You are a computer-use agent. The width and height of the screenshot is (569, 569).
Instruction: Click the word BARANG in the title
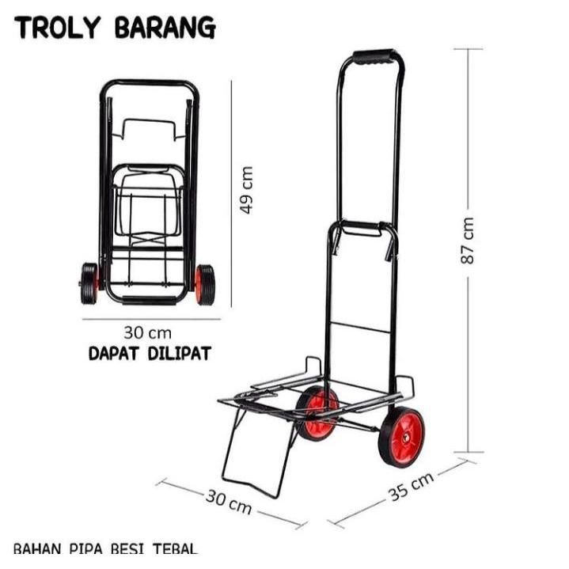click(x=165, y=28)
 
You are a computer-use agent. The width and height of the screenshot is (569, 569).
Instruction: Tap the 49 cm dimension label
click(x=247, y=190)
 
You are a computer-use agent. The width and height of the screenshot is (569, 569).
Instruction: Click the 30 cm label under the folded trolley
click(x=147, y=332)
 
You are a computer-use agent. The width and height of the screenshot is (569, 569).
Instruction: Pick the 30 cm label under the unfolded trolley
click(x=229, y=501)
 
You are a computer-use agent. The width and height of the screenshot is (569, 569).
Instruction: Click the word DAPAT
click(x=115, y=354)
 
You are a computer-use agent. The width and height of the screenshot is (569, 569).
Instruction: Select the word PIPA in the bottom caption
click(x=89, y=548)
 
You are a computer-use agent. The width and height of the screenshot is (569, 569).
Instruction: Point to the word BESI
click(x=131, y=548)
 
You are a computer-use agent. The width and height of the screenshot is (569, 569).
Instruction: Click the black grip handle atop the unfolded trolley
click(x=373, y=58)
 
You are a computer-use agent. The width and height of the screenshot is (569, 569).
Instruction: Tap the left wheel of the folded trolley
click(x=89, y=284)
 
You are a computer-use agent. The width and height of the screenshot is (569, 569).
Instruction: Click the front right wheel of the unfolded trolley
click(x=401, y=437)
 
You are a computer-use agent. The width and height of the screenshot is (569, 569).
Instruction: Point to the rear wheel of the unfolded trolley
click(x=318, y=413)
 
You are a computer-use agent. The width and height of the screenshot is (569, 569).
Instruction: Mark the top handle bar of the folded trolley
click(x=149, y=83)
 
